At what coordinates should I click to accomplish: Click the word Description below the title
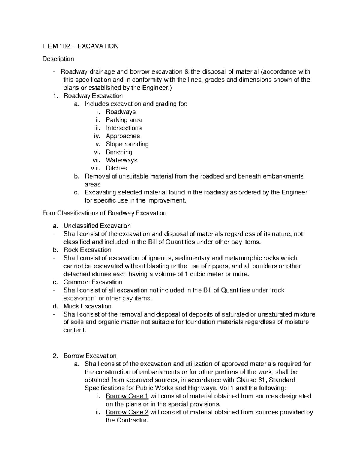58,59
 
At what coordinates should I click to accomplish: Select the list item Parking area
124,120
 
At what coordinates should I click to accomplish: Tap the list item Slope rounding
127,144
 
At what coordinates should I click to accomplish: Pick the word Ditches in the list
116,168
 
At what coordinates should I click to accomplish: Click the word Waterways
121,160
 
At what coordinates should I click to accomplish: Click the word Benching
119,152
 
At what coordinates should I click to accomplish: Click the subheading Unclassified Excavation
97,226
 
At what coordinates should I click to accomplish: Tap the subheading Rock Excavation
87,250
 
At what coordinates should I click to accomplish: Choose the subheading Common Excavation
93,282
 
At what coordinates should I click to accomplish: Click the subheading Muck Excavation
87,306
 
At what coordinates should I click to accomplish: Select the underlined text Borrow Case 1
127,396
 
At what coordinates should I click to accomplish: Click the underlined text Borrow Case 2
127,412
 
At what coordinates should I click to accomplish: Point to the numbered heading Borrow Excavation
90,356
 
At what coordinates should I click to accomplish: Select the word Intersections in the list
124,128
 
